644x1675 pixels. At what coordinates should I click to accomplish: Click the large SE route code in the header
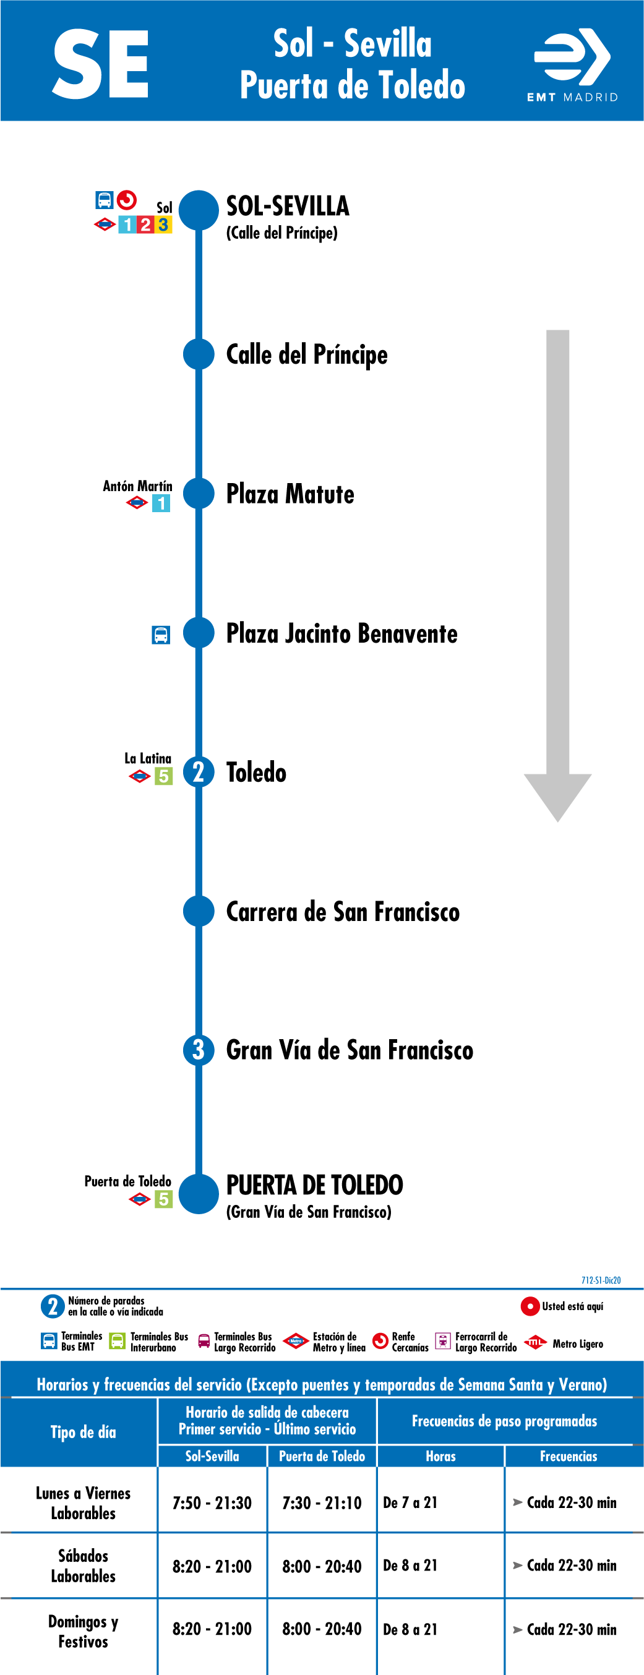101,64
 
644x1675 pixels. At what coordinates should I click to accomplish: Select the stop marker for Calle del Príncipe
199,354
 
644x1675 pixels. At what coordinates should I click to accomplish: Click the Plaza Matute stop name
290,494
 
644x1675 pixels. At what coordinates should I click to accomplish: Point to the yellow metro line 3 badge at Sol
163,225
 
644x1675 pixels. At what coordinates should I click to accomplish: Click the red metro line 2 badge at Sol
145,225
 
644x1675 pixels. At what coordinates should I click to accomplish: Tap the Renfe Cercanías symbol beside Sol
127,200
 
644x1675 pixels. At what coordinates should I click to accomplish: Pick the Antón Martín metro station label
138,486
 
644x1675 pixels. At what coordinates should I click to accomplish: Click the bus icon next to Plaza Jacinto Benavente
161,635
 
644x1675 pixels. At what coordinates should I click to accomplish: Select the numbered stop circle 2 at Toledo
199,773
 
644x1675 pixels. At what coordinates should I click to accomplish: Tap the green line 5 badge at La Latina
163,776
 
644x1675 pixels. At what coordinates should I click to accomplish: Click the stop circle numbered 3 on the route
199,1050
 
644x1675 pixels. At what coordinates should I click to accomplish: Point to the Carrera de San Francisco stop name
343,912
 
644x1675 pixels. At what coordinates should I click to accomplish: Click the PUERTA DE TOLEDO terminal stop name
315,1184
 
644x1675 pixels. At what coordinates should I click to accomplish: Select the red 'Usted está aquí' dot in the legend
530,1306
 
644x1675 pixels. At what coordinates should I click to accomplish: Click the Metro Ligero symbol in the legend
535,1342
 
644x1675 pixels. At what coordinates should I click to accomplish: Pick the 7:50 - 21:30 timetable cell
212,1502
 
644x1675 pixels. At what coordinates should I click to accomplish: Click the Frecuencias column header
569,1456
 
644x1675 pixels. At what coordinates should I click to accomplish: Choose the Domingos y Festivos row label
84,1632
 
